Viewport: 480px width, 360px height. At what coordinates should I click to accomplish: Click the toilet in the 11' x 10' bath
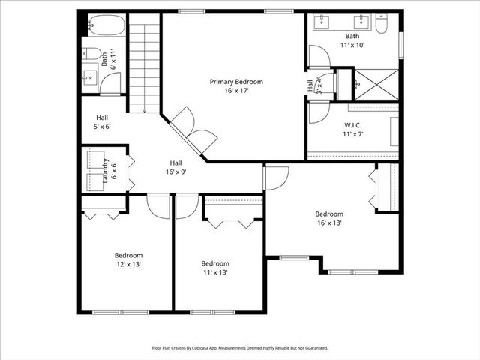(x=381, y=25)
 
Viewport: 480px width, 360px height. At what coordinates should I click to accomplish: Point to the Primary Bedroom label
(x=236, y=81)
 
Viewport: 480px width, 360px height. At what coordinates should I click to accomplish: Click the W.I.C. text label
(x=353, y=124)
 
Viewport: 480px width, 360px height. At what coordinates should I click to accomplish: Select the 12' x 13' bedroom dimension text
(x=127, y=264)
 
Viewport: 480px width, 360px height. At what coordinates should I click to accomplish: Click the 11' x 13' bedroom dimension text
(x=214, y=272)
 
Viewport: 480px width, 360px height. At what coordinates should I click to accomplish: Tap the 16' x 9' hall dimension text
(x=175, y=172)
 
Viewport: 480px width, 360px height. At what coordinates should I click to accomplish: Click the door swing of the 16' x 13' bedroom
(x=276, y=178)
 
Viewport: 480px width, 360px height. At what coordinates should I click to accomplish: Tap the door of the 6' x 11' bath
(x=110, y=84)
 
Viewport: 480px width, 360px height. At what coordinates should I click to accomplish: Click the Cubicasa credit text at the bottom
(x=240, y=348)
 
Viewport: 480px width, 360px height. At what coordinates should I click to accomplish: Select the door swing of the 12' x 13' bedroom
(x=159, y=205)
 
